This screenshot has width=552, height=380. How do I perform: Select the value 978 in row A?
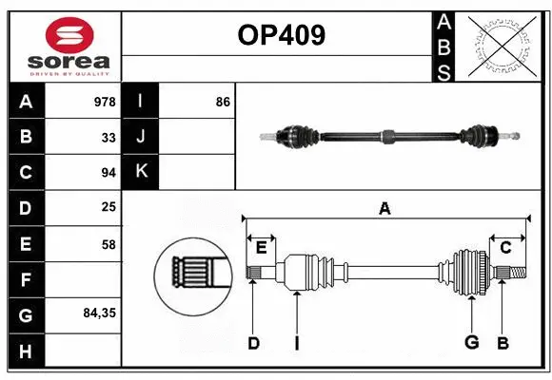(x=105, y=102)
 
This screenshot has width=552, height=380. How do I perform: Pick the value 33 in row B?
(x=108, y=137)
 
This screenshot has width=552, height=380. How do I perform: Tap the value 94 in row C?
(x=108, y=173)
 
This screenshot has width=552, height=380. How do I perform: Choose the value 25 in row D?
(x=108, y=207)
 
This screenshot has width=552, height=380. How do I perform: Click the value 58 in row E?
(x=108, y=244)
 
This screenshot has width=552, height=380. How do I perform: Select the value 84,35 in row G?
(x=99, y=312)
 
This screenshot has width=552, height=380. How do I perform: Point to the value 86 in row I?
(x=223, y=102)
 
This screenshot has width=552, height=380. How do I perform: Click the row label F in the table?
(x=26, y=279)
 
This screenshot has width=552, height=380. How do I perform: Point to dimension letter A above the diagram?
(x=384, y=208)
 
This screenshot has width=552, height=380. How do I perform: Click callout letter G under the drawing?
(x=471, y=343)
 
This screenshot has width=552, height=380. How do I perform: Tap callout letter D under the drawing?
(x=253, y=343)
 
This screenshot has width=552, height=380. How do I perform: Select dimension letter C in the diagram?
(x=505, y=247)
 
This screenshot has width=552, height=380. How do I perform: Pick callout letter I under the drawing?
(x=296, y=343)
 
